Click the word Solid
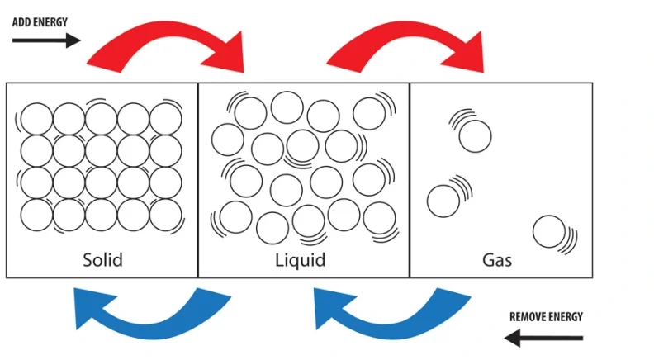pos(102,260)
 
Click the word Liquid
pos(300,260)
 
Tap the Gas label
pos(497,260)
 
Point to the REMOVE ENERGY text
pos(546,316)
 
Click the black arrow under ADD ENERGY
pos(46,40)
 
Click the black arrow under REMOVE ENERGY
pos(544,337)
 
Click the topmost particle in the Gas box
pos(475,135)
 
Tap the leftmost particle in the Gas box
pos(443,200)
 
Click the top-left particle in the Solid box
pos(36,119)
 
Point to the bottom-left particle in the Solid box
pos(36,215)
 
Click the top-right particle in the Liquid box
pos(369,113)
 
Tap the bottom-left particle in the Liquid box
pos(236,217)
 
